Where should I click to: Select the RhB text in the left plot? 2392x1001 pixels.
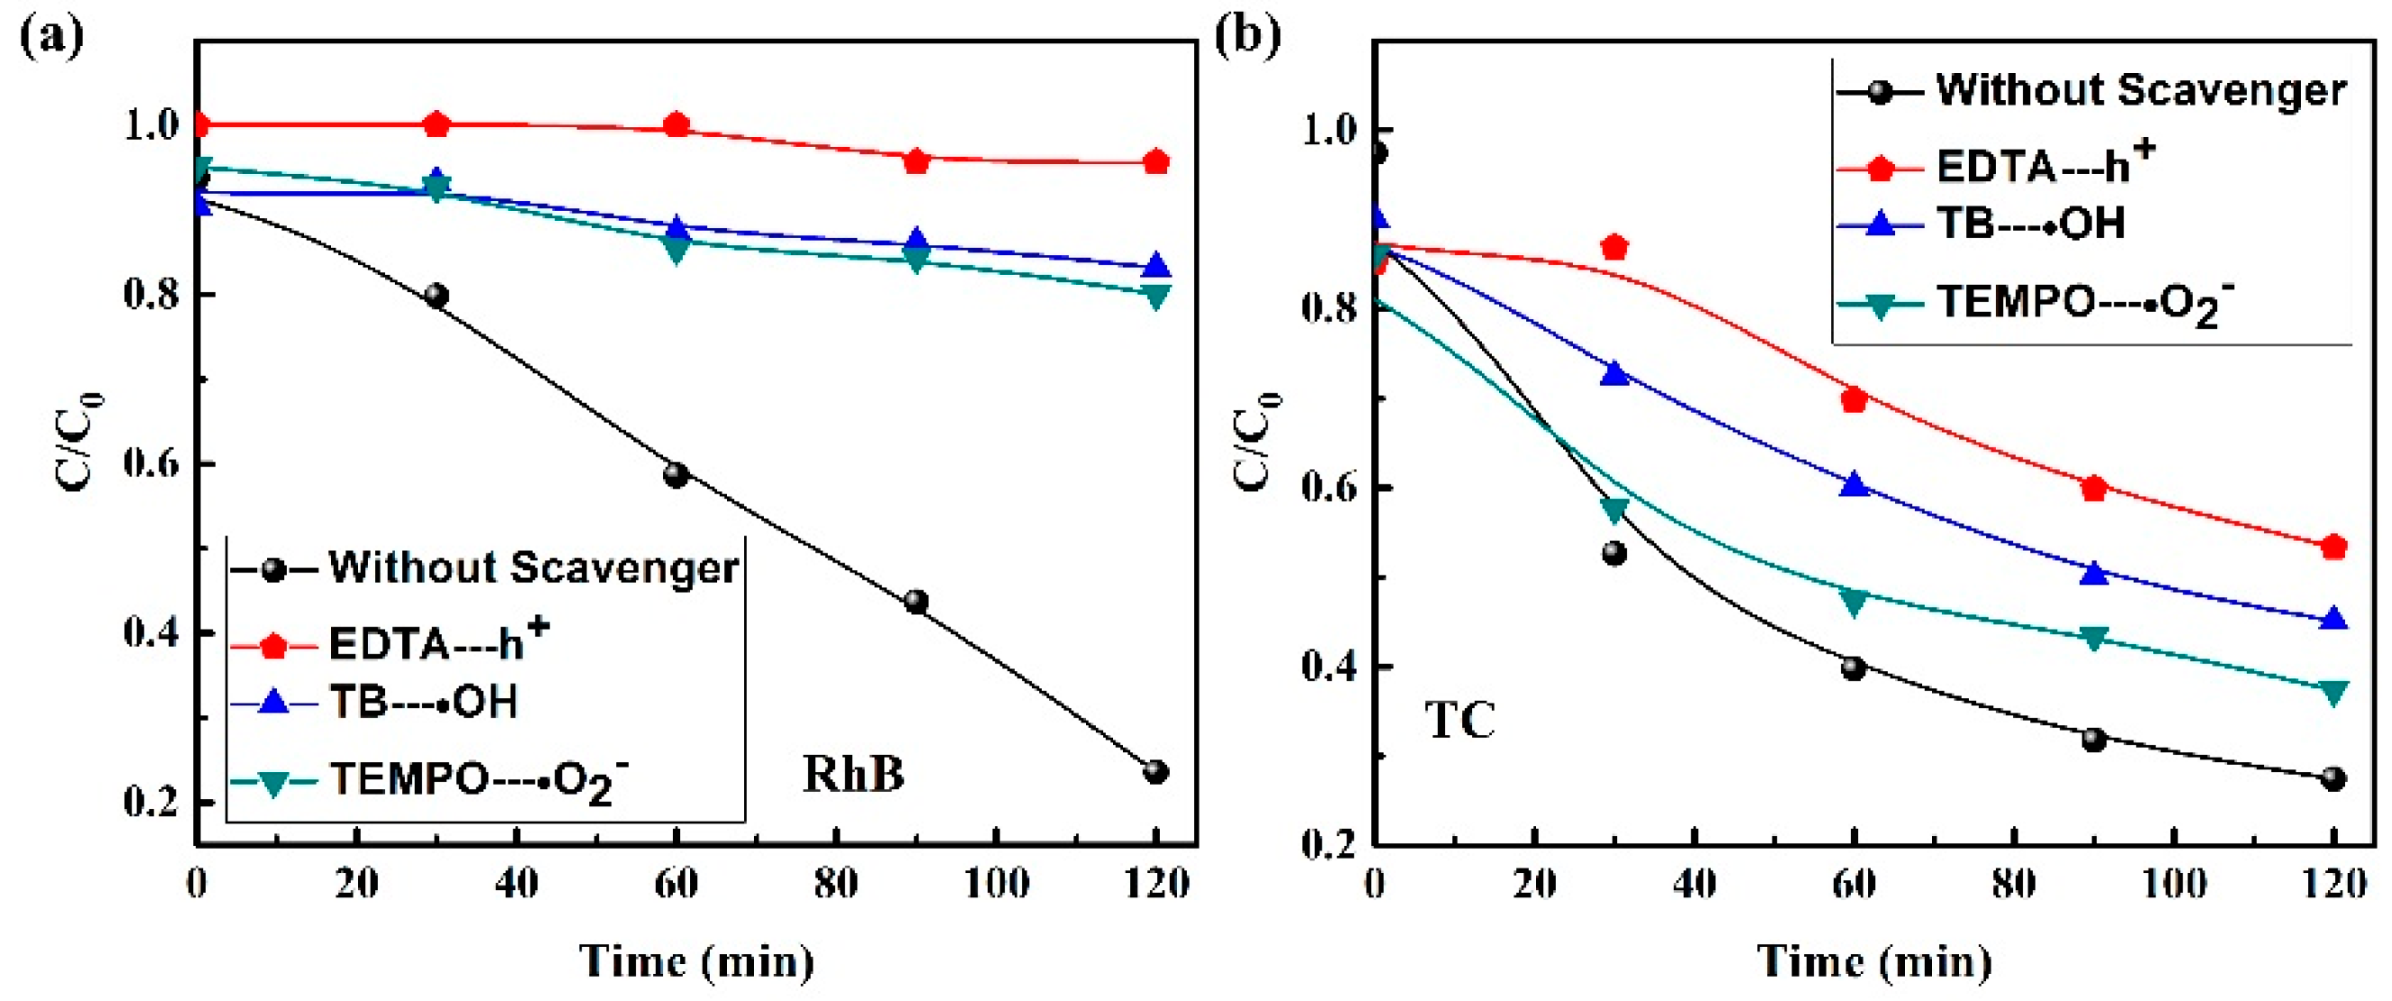[852, 774]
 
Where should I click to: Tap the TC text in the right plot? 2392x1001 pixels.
[1459, 721]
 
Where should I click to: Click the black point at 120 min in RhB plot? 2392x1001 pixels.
[1155, 772]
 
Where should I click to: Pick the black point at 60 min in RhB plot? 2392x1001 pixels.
[676, 474]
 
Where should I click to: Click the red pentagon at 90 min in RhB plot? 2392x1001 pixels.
[916, 161]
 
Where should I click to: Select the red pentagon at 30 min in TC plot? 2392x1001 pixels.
[1615, 247]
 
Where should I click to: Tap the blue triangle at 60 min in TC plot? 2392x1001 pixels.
[1854, 483]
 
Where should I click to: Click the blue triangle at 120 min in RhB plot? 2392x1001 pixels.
[1155, 265]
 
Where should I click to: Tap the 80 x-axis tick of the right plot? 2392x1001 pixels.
[2014, 883]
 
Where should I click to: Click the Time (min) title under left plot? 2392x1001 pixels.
[696, 961]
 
